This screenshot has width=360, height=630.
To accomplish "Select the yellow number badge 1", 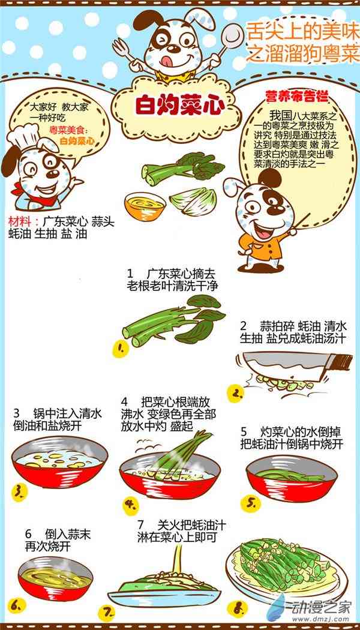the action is point(121,349).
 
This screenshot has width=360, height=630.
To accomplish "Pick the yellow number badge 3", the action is point(19,491).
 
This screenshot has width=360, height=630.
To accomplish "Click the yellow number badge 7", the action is point(107,612).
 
